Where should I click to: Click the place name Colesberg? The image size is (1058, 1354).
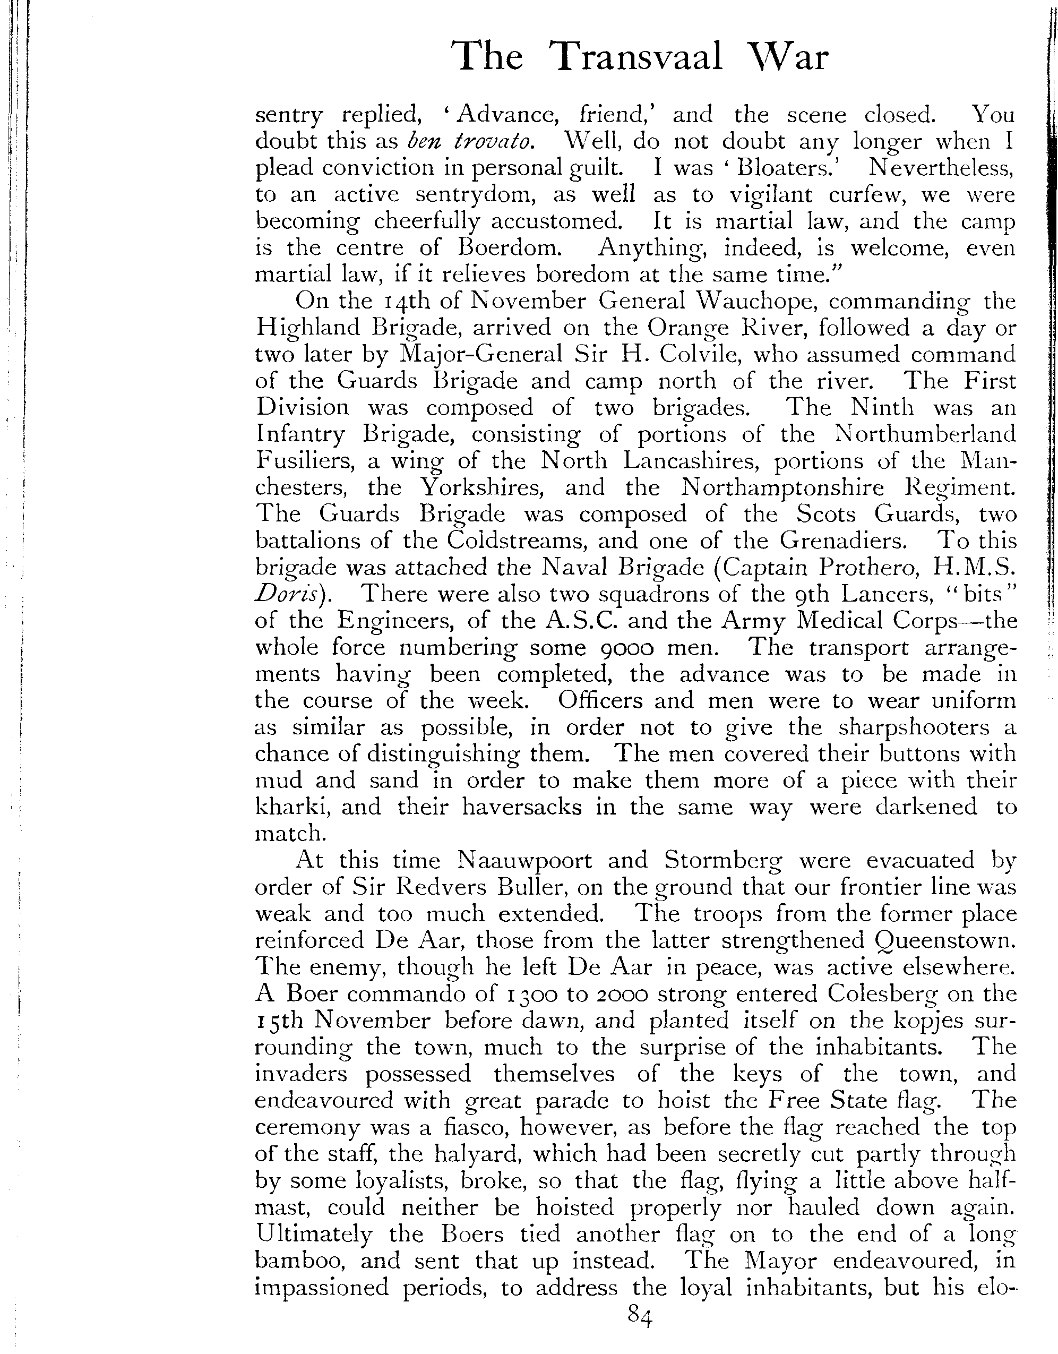(x=880, y=994)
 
